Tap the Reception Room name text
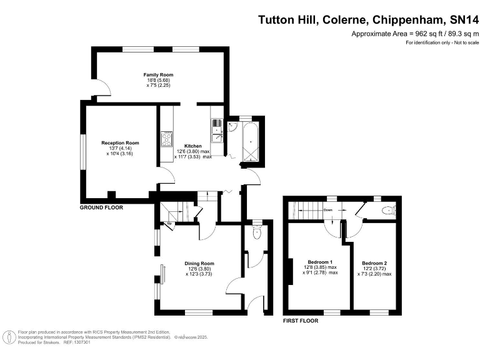pyautogui.click(x=120, y=142)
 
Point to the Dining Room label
pyautogui.click(x=199, y=263)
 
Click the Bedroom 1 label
pyautogui.click(x=320, y=262)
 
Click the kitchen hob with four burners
pyautogui.click(x=166, y=138)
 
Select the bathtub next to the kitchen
pyautogui.click(x=251, y=143)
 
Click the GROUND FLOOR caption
pyautogui.click(x=101, y=207)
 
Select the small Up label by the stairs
pyautogui.click(x=169, y=223)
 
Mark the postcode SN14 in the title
pyautogui.click(x=459, y=20)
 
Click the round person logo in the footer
pyautogui.click(x=9, y=337)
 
